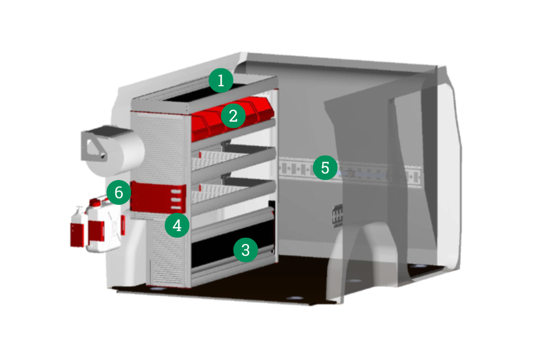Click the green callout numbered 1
coord(221,81)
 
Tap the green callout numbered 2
coord(233,116)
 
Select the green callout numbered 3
coord(246,250)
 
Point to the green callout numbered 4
coord(177,225)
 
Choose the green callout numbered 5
coord(325,168)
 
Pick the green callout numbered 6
coord(119,192)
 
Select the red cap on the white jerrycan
coord(94,202)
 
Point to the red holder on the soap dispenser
coord(78,235)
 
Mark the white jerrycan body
coord(103,227)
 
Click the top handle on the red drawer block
coord(176,191)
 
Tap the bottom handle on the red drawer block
coord(176,207)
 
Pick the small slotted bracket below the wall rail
coord(337,215)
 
